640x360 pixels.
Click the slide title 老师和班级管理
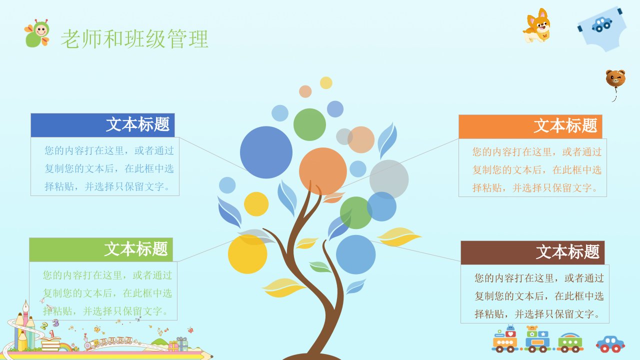134,38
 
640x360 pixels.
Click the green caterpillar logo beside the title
37,33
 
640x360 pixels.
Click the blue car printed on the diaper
602,24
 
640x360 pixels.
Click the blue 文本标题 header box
102,125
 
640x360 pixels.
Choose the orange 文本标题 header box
530,126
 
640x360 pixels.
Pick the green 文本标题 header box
101,249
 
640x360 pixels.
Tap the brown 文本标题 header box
532,252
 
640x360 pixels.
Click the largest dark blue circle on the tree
266,152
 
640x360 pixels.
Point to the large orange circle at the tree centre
323,171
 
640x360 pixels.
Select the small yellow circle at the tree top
326,83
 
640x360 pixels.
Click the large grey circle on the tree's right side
389,179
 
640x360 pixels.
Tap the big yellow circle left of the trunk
247,254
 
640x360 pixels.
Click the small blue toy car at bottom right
610,344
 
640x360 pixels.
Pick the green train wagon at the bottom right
570,342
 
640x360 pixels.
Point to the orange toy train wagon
505,339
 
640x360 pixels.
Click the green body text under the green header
107,293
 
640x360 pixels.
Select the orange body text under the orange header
537,169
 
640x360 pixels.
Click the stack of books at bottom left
50,343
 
